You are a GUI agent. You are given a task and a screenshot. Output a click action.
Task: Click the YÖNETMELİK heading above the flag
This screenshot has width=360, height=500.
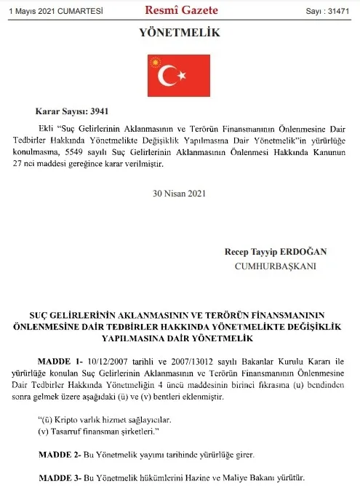pyautogui.click(x=179, y=33)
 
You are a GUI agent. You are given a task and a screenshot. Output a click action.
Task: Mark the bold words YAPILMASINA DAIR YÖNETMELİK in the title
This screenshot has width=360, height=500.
pyautogui.click(x=179, y=338)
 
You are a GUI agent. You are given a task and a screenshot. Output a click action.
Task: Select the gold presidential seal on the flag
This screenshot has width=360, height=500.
pyautogui.click(x=154, y=63)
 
